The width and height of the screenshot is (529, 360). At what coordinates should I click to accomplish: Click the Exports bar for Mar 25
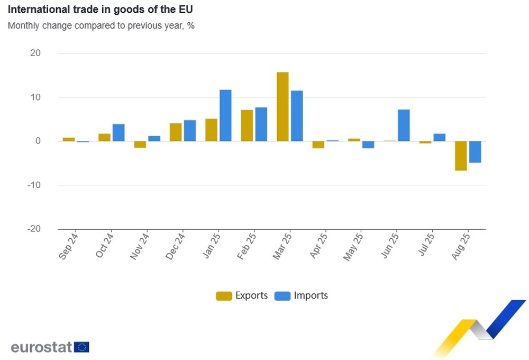tap(282, 106)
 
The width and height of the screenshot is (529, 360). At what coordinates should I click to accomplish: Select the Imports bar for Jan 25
tap(225, 115)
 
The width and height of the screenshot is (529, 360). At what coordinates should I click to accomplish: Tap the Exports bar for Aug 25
tap(461, 156)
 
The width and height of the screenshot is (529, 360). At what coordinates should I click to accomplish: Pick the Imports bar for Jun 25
tap(404, 125)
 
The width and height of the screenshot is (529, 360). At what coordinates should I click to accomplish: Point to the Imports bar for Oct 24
tap(118, 132)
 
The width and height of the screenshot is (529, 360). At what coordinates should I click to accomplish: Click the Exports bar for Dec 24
tap(176, 132)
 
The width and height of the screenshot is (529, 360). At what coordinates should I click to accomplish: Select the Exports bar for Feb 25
tap(247, 125)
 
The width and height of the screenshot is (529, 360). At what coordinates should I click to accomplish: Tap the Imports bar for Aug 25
tap(475, 152)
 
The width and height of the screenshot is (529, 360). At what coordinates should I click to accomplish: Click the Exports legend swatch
tap(224, 296)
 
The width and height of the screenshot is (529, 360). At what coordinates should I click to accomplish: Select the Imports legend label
tap(311, 295)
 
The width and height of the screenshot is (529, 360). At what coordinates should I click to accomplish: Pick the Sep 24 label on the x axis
tap(69, 246)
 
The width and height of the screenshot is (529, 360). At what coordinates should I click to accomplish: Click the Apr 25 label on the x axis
tap(318, 246)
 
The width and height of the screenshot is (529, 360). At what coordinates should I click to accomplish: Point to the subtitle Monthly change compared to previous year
tap(101, 25)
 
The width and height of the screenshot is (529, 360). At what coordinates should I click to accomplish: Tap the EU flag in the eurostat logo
tap(81, 347)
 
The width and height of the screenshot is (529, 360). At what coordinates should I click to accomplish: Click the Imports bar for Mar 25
tap(297, 116)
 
